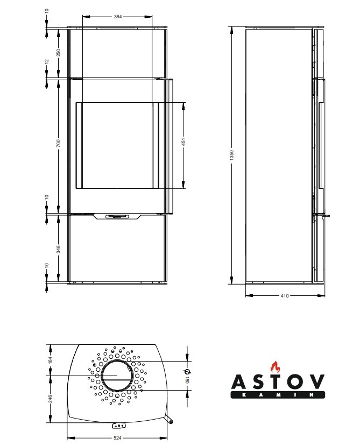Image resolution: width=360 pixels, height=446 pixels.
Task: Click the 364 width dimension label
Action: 117,17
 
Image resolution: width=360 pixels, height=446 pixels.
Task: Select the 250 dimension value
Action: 58,53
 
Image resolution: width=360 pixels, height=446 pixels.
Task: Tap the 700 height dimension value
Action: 58,143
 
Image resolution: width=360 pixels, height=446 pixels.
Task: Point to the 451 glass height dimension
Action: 183,142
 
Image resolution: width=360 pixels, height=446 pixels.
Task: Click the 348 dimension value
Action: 58,249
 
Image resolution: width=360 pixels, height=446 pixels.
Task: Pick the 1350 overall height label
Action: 231,155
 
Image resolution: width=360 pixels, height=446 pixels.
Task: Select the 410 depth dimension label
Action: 285,296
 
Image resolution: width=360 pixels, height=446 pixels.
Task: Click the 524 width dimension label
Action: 117,438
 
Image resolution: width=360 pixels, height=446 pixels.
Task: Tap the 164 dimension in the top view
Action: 51,360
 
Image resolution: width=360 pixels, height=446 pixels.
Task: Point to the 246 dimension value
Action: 51,399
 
